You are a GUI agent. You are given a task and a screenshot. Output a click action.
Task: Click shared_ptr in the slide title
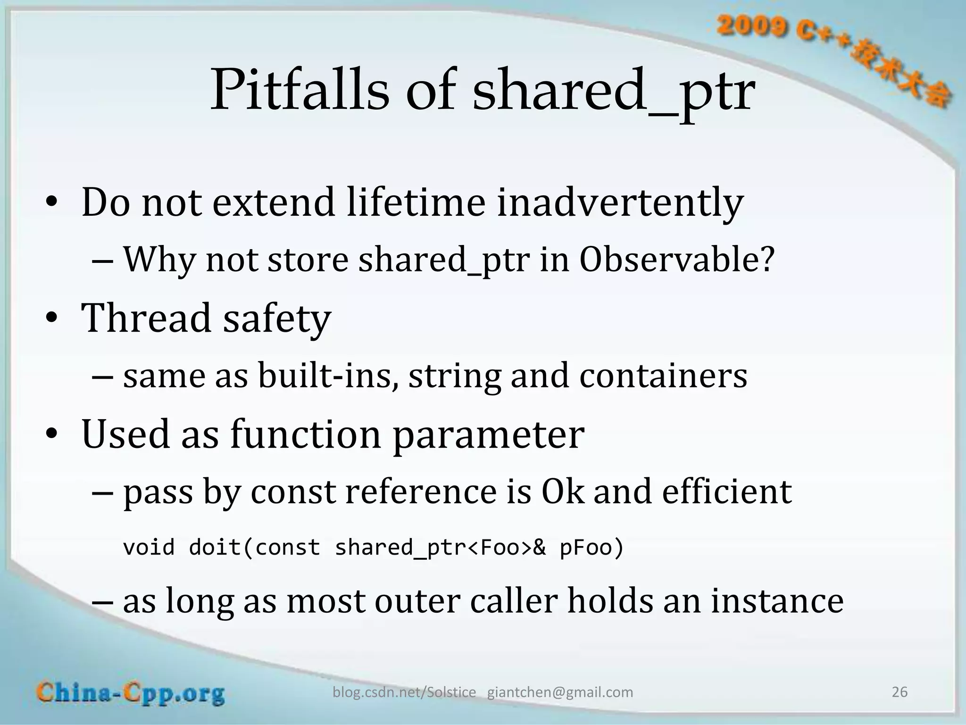[613, 91]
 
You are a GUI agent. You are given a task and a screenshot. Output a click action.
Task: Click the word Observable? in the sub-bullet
[677, 260]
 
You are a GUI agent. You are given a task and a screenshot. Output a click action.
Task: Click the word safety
[277, 319]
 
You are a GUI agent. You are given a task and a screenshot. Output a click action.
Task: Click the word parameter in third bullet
[488, 434]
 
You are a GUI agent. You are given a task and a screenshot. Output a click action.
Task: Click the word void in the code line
[149, 548]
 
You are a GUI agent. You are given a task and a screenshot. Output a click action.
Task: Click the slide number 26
[899, 692]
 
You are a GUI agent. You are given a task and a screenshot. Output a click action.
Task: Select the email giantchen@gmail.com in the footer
[560, 692]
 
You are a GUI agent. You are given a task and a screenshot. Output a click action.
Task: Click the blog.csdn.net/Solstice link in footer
[404, 692]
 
